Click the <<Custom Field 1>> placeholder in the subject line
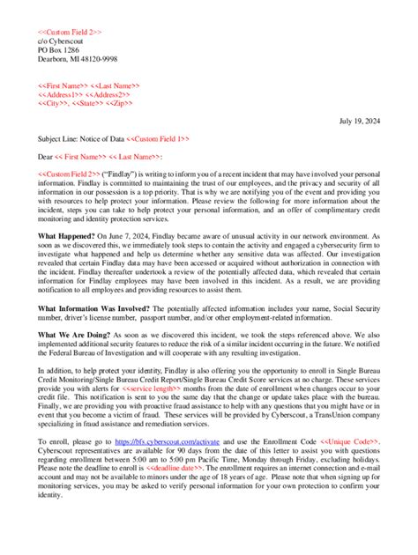pos(157,138)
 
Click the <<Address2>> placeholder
pos(108,94)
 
